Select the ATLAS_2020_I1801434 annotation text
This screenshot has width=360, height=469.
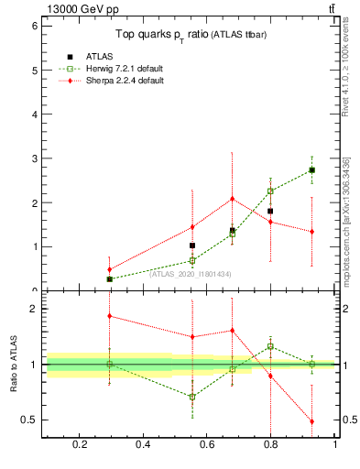pos(190,274)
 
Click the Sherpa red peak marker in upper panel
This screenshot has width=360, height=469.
pos(233,199)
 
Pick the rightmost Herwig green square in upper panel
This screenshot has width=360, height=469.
pos(312,169)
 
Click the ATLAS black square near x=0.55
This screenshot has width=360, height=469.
pos(192,245)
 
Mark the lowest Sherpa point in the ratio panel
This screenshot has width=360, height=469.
pos(312,421)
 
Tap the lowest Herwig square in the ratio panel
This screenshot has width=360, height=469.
pos(192,397)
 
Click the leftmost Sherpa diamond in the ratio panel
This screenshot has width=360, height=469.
pos(109,316)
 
